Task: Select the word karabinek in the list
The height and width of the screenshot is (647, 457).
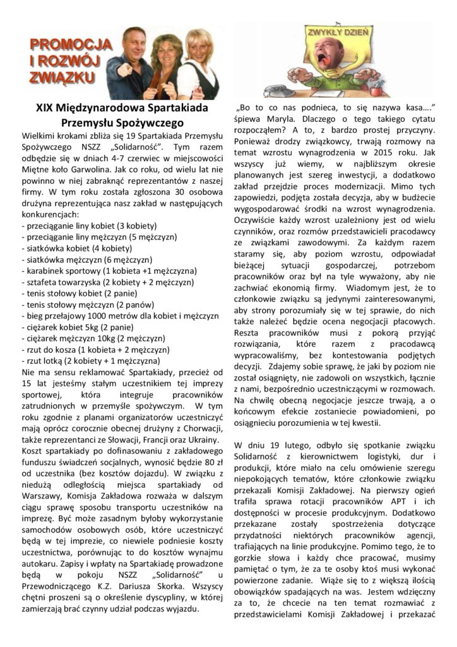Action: click(46, 270)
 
